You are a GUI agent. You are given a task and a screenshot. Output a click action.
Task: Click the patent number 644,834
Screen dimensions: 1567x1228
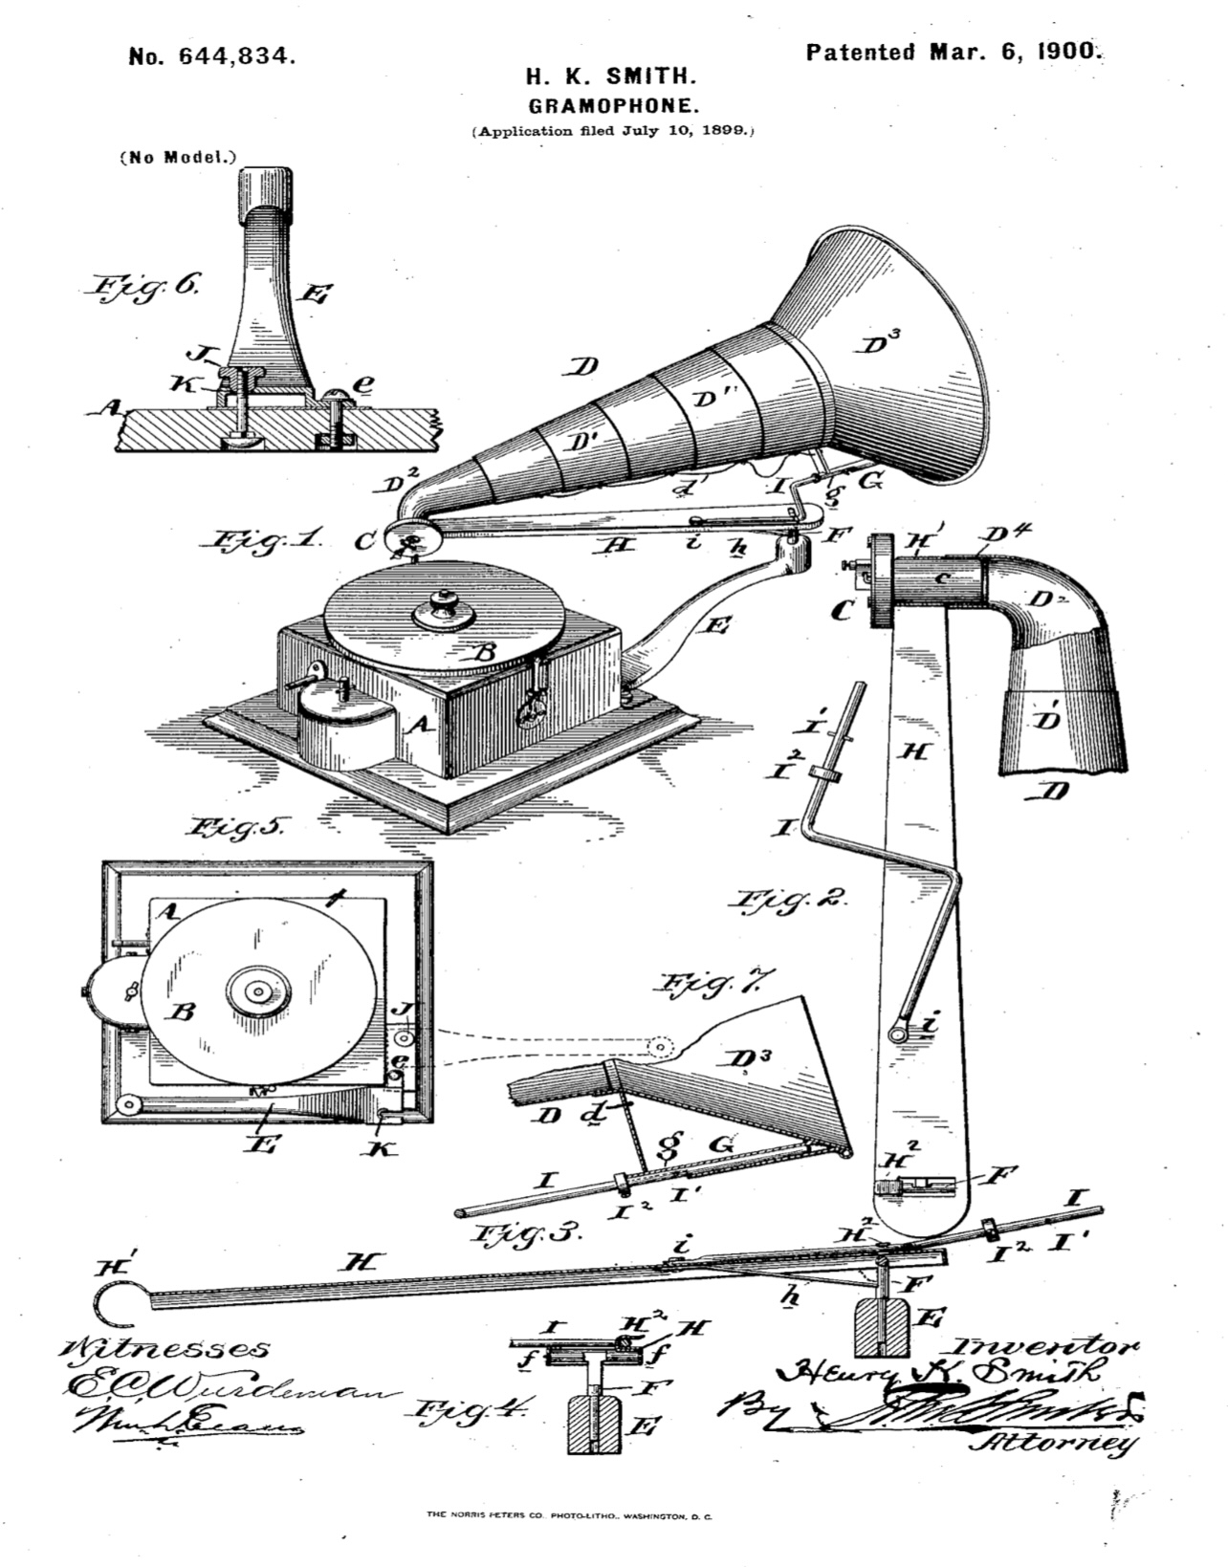tap(211, 56)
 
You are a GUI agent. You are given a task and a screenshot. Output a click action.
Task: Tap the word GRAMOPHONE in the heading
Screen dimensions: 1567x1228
tap(614, 103)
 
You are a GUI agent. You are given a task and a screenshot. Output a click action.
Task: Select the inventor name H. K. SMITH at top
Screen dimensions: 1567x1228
tap(614, 77)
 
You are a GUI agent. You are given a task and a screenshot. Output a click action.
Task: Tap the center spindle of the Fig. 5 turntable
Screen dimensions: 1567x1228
tap(256, 991)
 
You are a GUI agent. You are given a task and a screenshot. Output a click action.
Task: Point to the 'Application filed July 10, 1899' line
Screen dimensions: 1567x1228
tap(614, 130)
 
